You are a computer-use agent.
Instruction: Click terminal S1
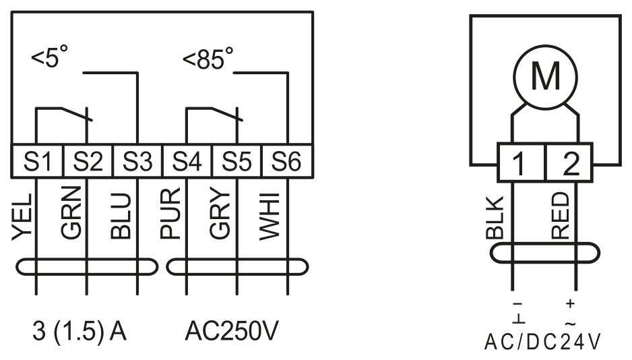click(38, 161)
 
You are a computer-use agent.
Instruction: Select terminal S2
click(88, 161)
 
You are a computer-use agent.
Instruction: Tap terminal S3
click(137, 161)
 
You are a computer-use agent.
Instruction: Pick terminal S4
click(187, 161)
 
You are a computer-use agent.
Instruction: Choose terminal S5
click(236, 161)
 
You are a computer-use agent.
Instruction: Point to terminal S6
click(286, 161)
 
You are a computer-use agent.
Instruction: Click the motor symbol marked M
click(545, 77)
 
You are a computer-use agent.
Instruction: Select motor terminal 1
click(521, 162)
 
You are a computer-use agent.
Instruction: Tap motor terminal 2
click(569, 162)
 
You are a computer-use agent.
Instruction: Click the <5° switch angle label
click(50, 57)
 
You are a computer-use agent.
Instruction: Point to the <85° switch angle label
click(208, 59)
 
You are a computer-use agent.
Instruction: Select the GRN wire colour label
click(71, 212)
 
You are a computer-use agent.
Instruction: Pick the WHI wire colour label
click(270, 217)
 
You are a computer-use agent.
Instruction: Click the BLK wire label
click(495, 217)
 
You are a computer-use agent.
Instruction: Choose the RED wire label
click(560, 215)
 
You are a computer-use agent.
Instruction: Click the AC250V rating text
click(232, 331)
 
